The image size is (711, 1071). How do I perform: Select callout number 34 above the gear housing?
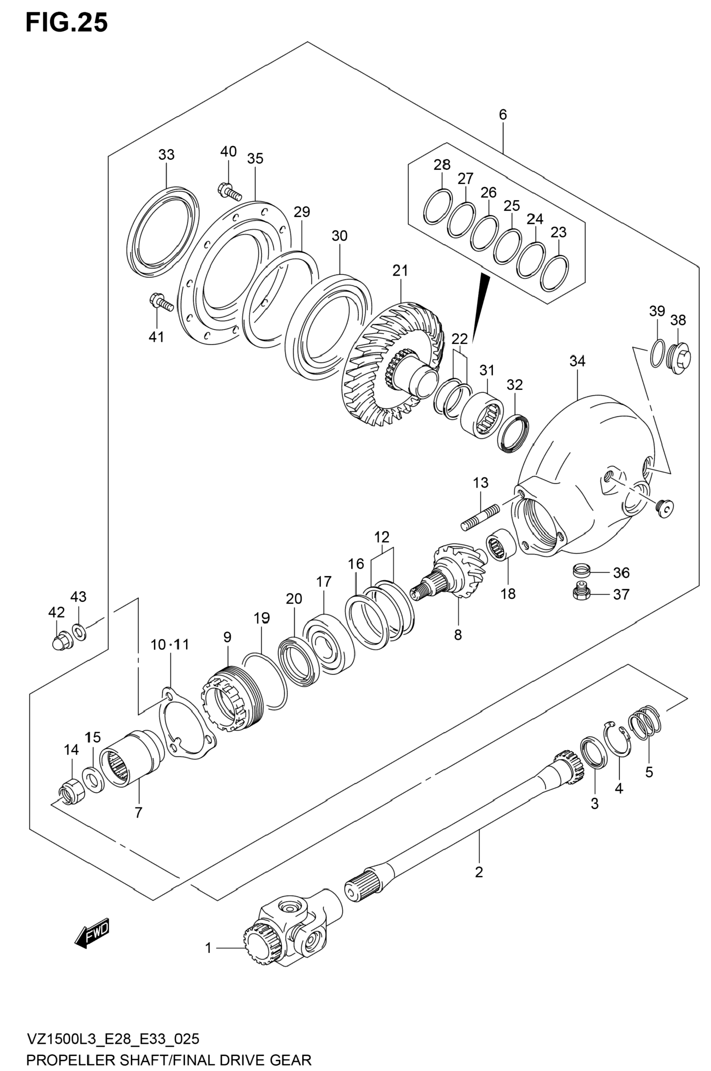pos(577,361)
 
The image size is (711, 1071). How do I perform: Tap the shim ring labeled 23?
pos(554,273)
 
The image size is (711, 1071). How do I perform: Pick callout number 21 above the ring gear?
pos(400,271)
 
